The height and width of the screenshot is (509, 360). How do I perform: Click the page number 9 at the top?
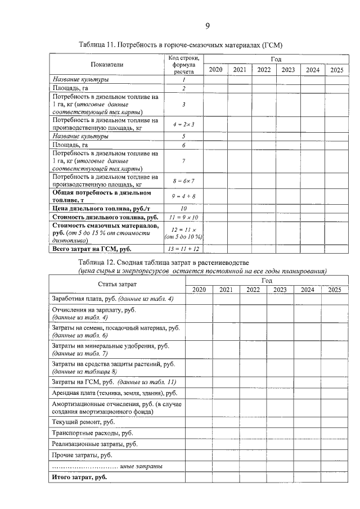tap(207, 26)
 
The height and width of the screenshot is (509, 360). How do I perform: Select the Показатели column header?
tap(107, 65)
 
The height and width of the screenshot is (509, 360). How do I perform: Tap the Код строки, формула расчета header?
tap(183, 65)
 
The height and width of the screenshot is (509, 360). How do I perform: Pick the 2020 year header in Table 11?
tap(215, 70)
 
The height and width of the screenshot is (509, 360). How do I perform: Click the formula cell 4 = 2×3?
tap(183, 124)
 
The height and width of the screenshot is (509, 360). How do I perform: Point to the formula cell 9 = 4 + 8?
tap(183, 196)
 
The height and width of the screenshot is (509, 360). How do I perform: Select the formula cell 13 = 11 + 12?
tap(183, 248)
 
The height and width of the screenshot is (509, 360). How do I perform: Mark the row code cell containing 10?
tap(183, 208)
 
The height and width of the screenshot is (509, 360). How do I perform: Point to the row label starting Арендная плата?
tap(114, 393)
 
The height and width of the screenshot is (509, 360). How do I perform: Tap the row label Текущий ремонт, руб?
tap(83, 421)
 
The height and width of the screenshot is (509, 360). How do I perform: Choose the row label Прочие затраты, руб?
tap(82, 454)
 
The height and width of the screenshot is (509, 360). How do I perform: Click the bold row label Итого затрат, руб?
tap(79, 477)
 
